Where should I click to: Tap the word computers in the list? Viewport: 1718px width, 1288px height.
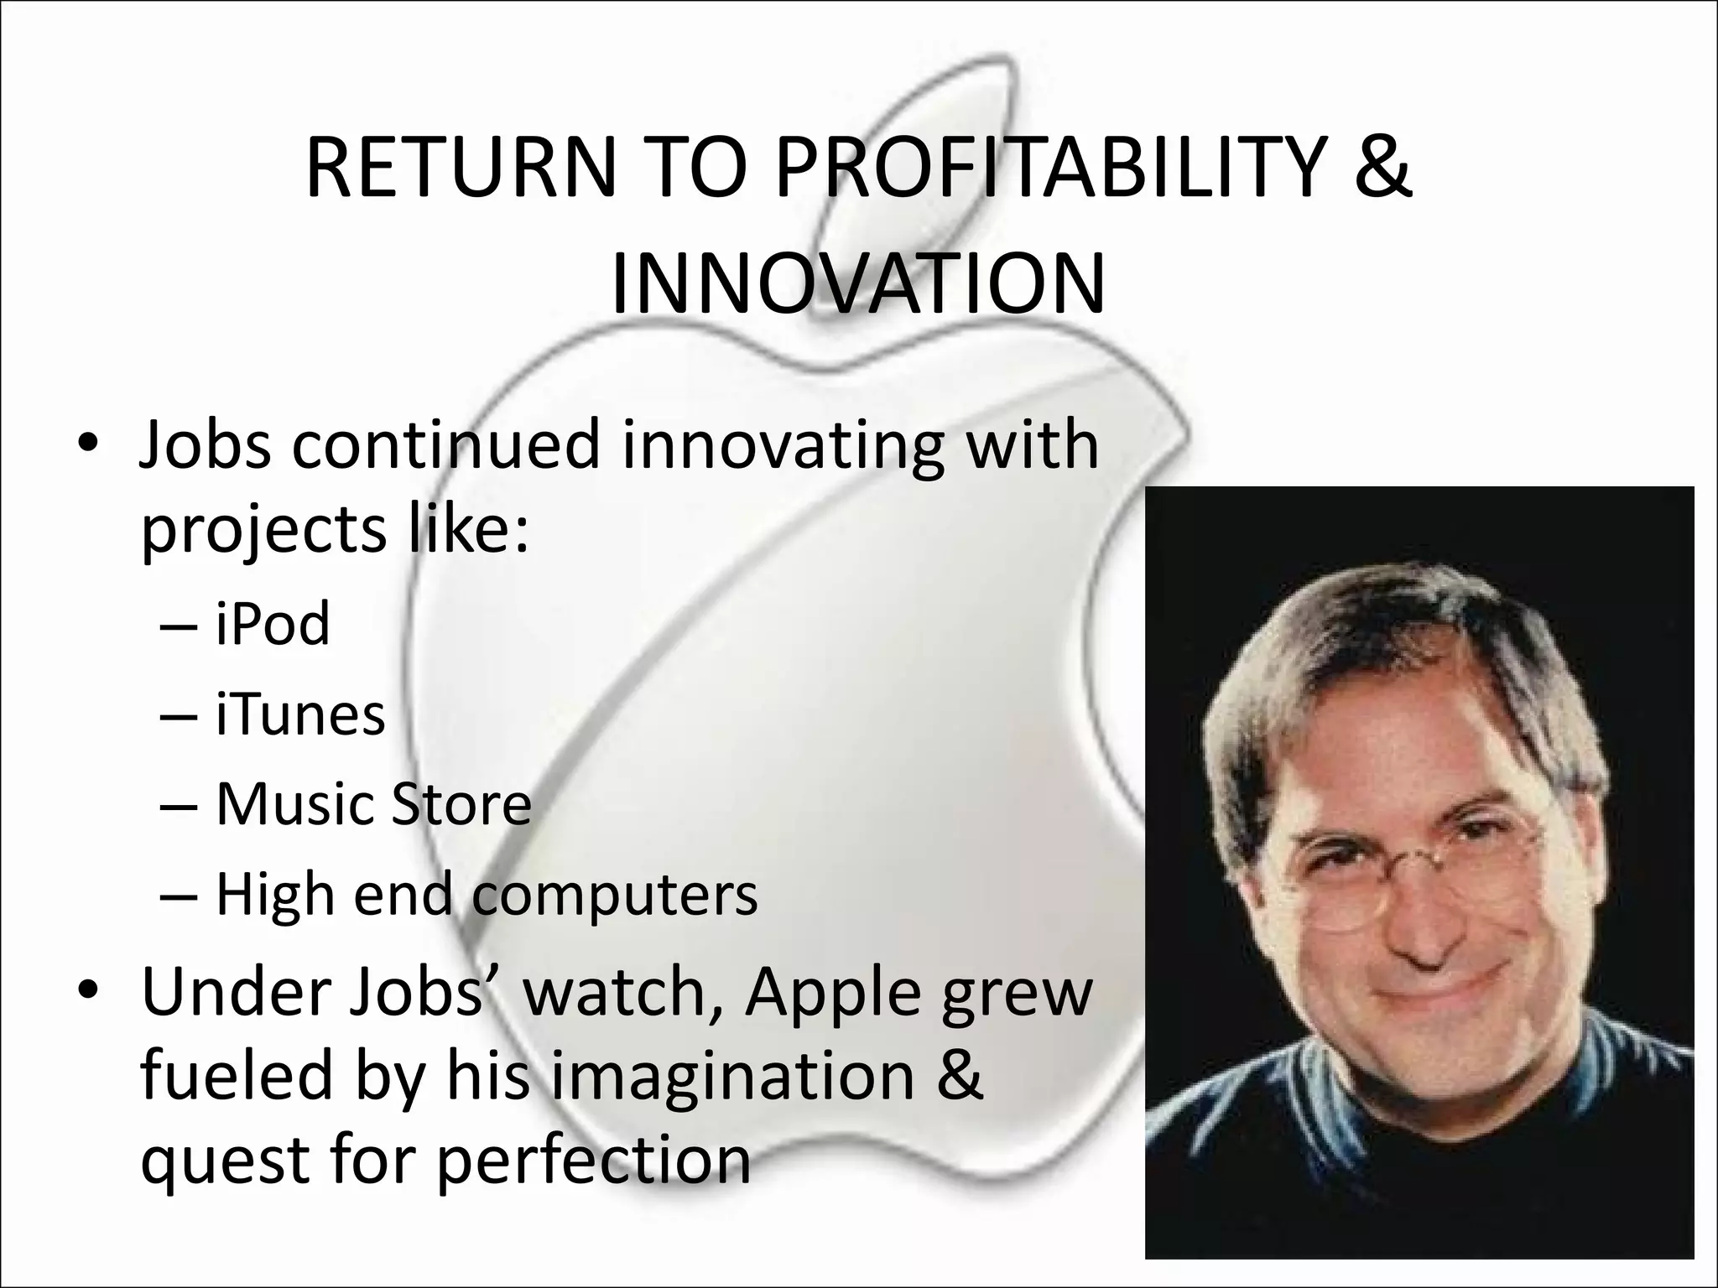pos(615,896)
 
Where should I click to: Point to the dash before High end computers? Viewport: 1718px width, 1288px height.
pos(178,896)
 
